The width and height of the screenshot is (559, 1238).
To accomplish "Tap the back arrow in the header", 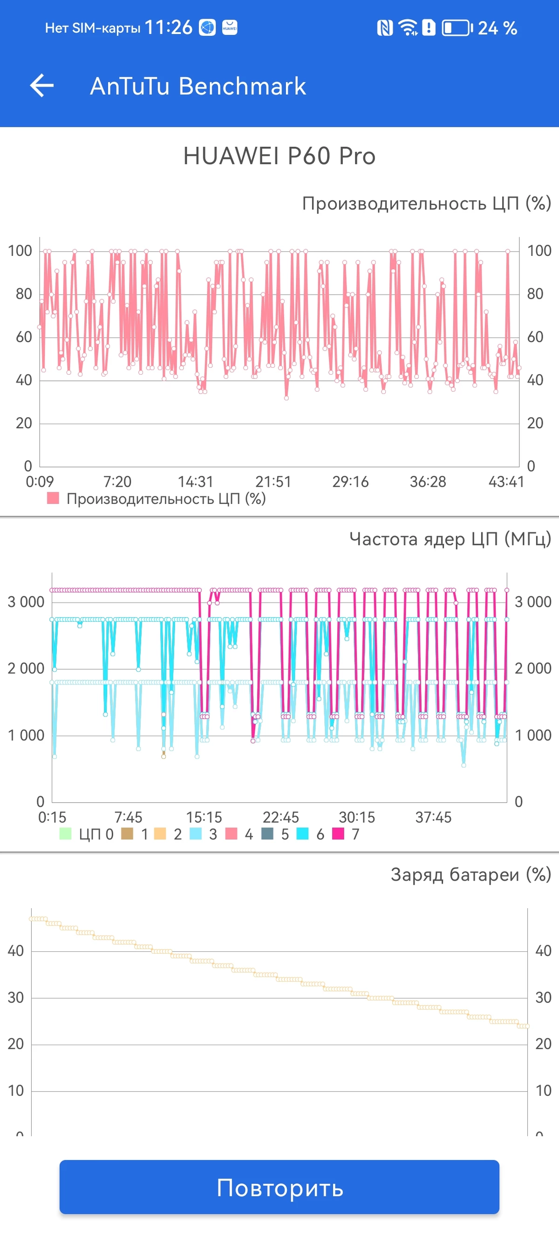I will click(42, 86).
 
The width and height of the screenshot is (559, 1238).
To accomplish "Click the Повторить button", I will click(279, 1187).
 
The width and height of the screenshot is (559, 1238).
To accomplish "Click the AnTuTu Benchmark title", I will click(198, 87).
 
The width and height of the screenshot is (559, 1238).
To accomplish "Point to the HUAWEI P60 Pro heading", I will click(279, 156).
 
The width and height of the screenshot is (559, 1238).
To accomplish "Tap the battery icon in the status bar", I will click(457, 28).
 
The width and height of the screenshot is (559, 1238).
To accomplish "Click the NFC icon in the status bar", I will click(385, 28).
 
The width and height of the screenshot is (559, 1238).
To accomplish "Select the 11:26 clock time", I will click(168, 28).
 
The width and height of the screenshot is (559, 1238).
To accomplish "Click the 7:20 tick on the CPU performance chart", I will click(117, 481).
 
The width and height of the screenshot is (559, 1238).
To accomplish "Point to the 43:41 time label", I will click(506, 481).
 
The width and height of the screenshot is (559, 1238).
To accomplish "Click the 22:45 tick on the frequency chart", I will click(280, 817).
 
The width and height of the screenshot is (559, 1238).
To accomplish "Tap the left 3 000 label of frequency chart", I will click(26, 602).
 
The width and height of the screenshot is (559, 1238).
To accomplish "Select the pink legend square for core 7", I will click(338, 833).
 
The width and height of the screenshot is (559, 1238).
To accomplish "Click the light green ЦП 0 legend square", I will click(65, 833).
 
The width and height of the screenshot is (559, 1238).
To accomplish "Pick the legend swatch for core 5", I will click(267, 833).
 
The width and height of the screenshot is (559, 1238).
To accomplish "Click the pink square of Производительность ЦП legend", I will click(53, 498).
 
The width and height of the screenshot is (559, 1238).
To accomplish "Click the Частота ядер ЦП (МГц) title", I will click(450, 539).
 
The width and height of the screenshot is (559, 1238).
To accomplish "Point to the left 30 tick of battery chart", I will click(16, 997).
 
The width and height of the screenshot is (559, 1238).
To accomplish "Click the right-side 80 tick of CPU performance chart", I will click(535, 294).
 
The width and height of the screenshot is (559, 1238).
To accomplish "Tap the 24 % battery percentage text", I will click(498, 28).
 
